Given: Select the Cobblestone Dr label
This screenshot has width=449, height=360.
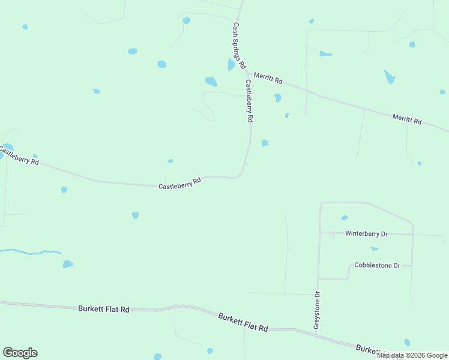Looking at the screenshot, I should [x=377, y=265].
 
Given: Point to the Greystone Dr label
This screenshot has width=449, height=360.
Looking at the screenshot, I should [x=317, y=310].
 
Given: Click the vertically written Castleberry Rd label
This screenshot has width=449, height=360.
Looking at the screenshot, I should [x=249, y=101].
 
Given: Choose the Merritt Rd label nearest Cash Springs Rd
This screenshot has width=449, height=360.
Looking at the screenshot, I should [x=268, y=78].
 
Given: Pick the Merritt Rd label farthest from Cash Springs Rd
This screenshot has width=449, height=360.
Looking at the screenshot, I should [x=407, y=119].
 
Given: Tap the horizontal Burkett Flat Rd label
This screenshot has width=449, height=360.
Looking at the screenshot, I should [x=104, y=309].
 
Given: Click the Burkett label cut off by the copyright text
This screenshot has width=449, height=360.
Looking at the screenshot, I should [x=367, y=349].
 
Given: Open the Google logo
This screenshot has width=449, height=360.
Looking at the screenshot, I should [x=20, y=353].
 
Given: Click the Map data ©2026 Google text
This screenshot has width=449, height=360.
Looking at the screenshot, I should [x=412, y=355].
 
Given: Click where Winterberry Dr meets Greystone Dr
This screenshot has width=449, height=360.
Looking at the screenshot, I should [x=320, y=232].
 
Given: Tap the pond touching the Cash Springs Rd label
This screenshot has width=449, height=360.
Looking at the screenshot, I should [x=231, y=65].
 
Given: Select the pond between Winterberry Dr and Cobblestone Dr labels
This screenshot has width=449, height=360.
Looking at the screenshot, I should [x=375, y=248].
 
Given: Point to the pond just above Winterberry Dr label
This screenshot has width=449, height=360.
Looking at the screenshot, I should [x=345, y=218].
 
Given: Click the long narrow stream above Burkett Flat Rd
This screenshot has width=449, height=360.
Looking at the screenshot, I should [x=30, y=252].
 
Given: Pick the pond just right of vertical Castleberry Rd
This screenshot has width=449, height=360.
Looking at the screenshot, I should [x=265, y=143].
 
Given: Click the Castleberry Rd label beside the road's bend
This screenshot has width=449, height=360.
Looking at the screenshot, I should [x=179, y=183].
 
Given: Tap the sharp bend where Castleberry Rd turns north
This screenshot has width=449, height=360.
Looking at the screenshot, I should [x=241, y=174].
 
